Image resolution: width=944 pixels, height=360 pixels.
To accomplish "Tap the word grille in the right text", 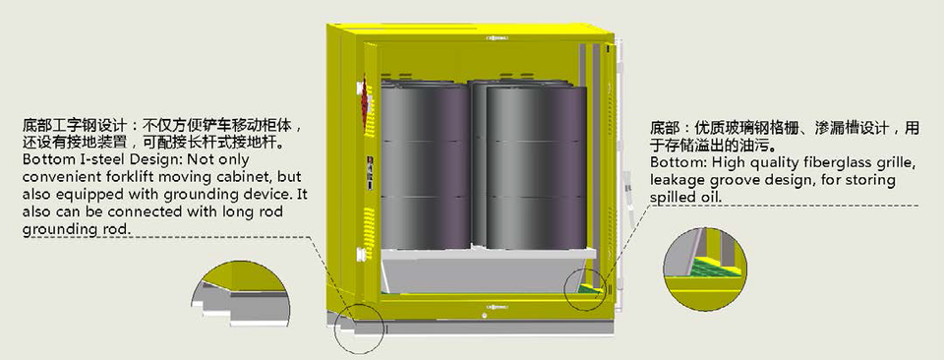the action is click(x=897, y=163).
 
